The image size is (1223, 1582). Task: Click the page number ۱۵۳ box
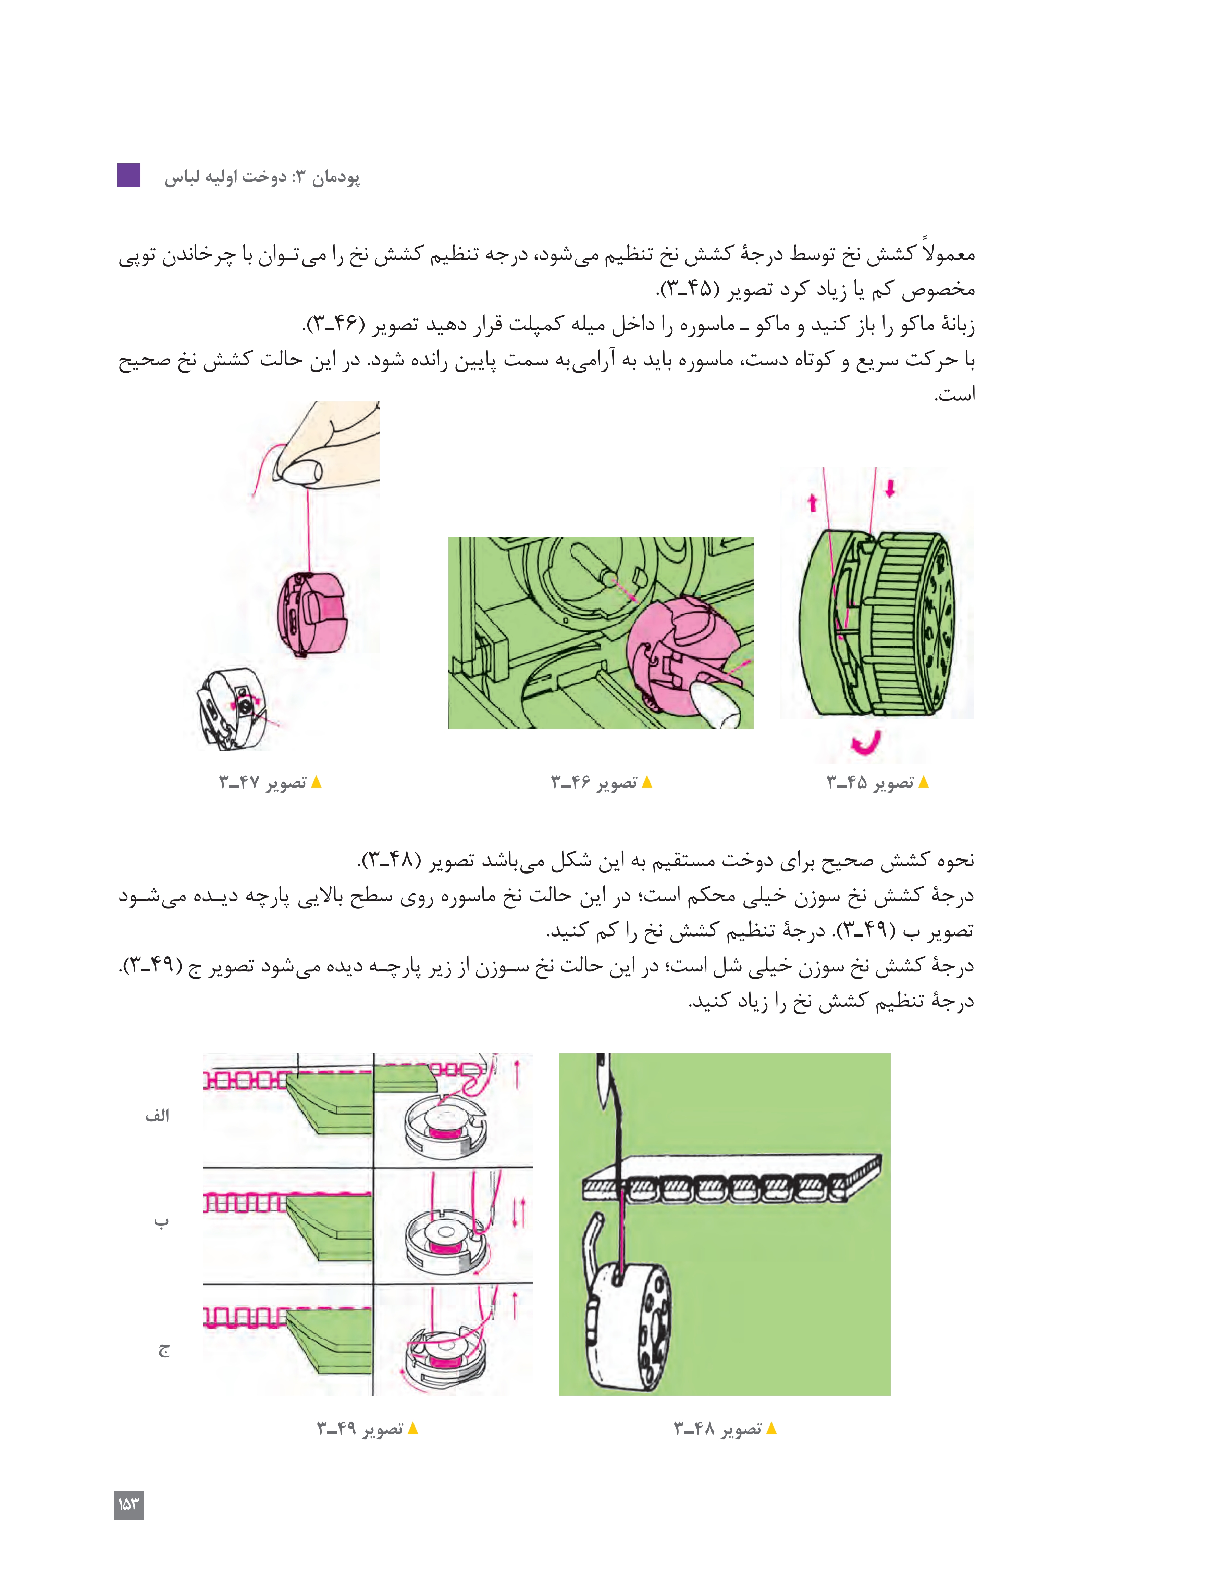pyautogui.click(x=129, y=1505)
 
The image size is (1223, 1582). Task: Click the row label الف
pyautogui.click(x=157, y=1116)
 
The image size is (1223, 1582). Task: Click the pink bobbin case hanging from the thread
pyautogui.click(x=312, y=614)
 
